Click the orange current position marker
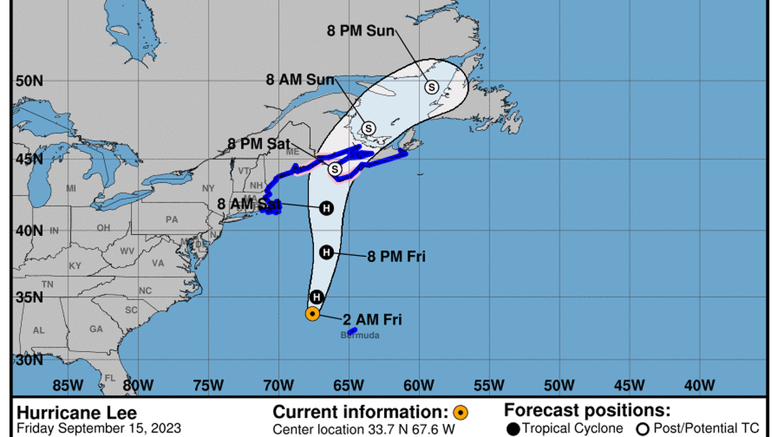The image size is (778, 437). coord(312,314)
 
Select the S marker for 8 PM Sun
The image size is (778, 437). coord(432,87)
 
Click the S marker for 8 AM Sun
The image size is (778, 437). coord(369,127)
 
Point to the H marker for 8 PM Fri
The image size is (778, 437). coord(326,252)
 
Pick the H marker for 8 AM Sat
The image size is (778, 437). coord(326,208)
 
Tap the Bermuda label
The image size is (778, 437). coord(360,335)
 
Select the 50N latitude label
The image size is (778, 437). coord(29,81)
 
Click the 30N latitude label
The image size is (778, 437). coord(29,360)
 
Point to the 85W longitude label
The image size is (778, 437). coord(68,385)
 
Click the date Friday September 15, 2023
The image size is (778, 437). coord(99,428)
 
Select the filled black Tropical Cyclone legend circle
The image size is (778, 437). coord(513,428)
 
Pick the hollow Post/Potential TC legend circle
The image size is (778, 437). coord(644,428)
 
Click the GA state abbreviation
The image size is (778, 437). coord(96,329)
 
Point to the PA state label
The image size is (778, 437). coord(171,220)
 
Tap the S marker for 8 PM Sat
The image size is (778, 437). coord(334,168)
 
